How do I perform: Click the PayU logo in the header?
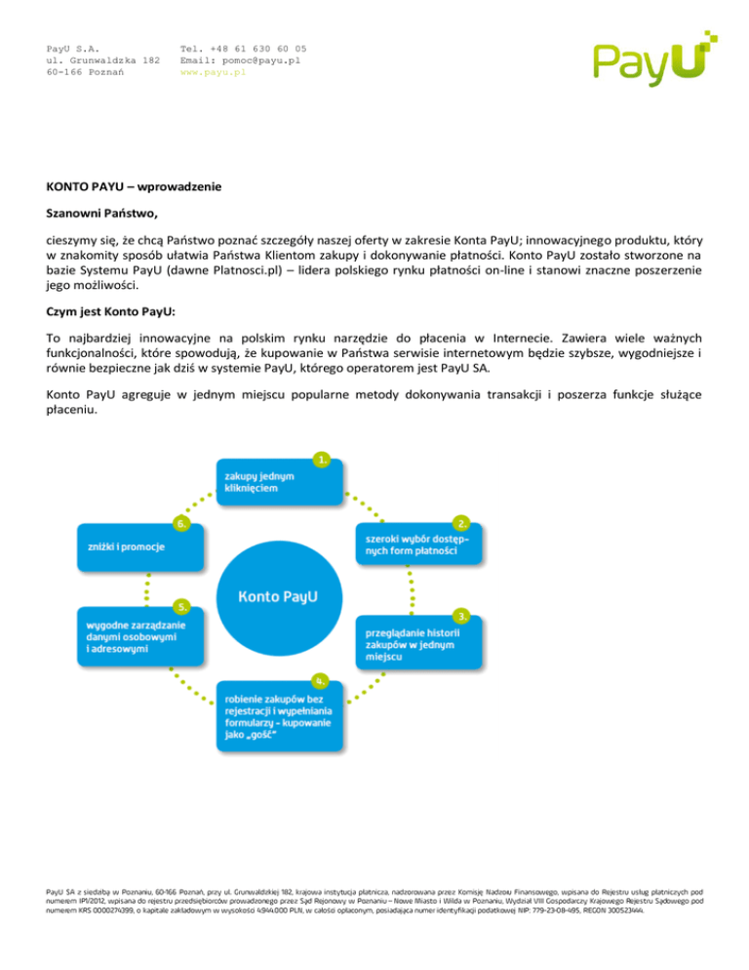coord(655,58)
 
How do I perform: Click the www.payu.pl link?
coord(213,72)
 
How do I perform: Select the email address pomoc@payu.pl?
coord(261,61)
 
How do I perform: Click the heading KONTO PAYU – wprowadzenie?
coord(134,186)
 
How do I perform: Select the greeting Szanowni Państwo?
coord(101,214)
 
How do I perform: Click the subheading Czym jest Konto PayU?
coord(110,312)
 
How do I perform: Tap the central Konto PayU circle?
coord(279,597)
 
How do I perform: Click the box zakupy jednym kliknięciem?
coord(279,482)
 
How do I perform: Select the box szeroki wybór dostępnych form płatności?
coord(418,545)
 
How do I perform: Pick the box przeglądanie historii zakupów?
coord(418,643)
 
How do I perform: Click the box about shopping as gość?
coord(279,716)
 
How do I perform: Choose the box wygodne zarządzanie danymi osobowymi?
coord(140,636)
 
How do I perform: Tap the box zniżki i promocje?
coord(140,547)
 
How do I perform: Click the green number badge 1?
coord(322,460)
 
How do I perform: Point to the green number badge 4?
coord(320,681)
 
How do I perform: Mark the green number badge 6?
coord(181,524)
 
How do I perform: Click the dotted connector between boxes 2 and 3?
coord(412,590)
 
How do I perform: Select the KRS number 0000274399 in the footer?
coord(99,910)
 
